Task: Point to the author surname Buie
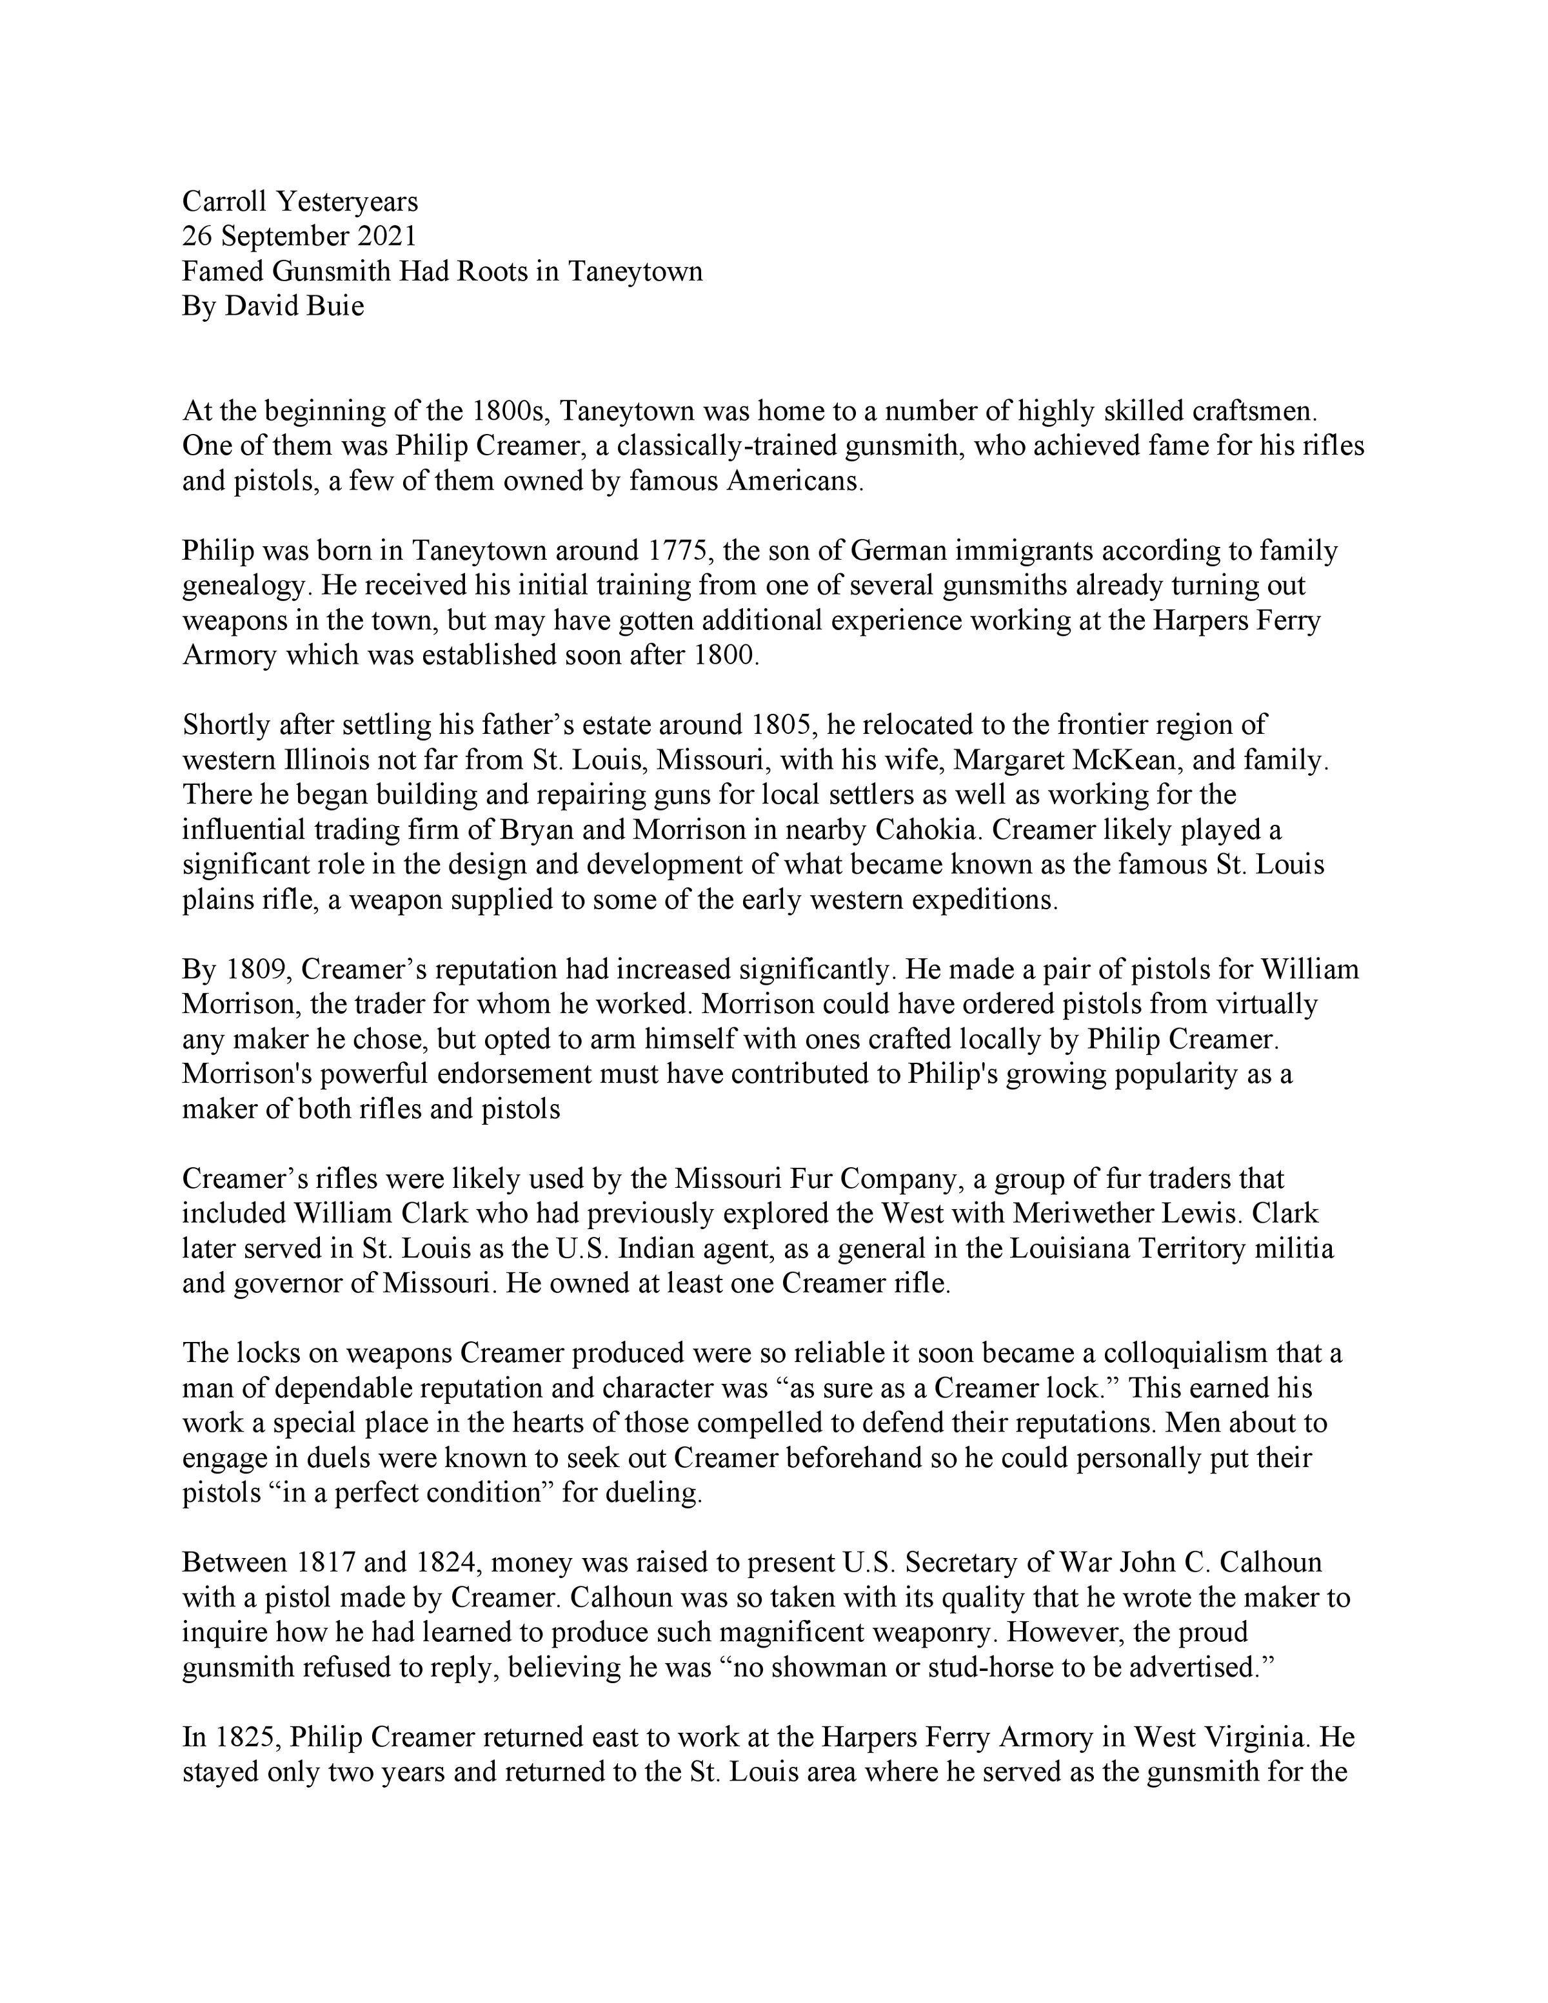[x=337, y=306]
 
